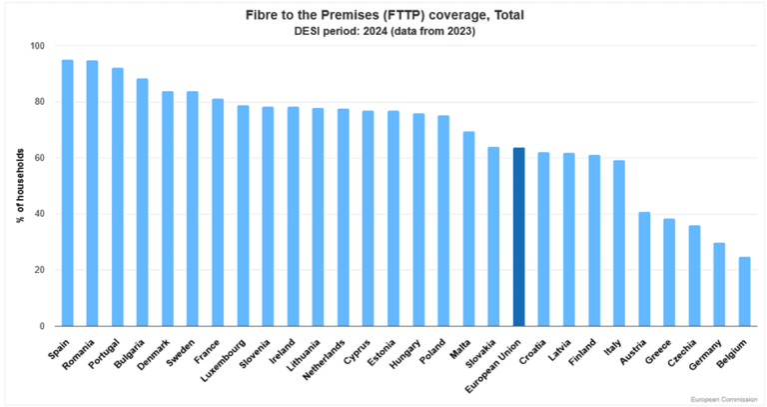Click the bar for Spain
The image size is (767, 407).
coord(67,193)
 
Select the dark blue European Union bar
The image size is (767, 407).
coord(519,237)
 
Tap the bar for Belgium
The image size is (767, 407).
coord(744,291)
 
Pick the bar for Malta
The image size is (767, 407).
coord(468,229)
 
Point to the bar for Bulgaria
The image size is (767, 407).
coord(143,202)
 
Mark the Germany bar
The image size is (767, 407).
coord(719,285)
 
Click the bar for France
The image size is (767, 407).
coord(218,213)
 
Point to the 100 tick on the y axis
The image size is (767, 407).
coord(37,46)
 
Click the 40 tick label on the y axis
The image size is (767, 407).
coord(39,214)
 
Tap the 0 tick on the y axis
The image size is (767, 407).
coord(42,326)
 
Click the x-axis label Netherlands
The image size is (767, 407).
coord(325,360)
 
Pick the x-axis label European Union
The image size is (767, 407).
coord(493,366)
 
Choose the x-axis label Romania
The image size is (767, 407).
coord(78,355)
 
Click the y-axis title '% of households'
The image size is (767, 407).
coord(21,186)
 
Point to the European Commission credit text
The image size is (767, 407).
coord(724,400)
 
